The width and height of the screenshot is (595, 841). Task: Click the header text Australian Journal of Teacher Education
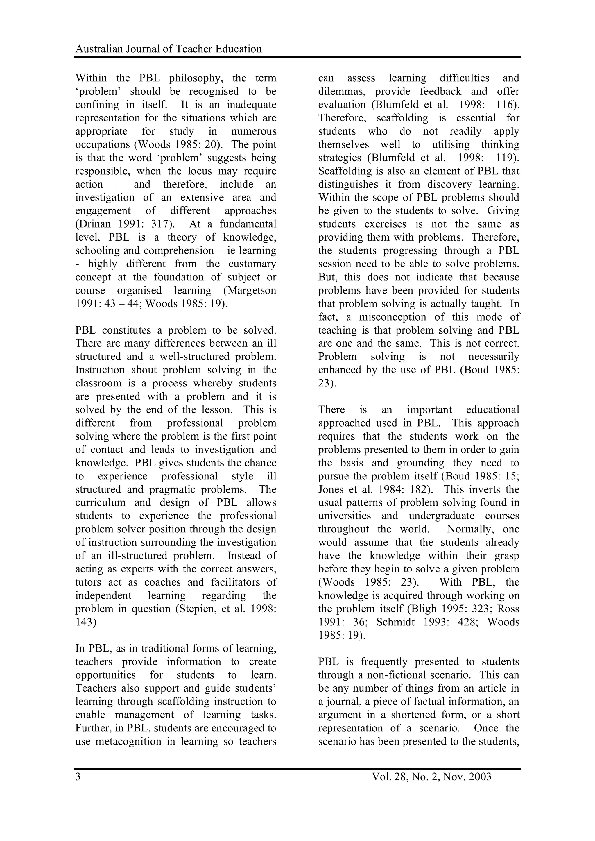(168, 49)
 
